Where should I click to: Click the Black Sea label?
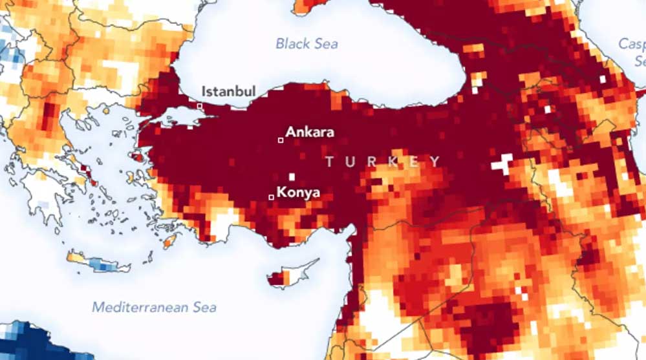(307, 44)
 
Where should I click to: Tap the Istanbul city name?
(228, 91)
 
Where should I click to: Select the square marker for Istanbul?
(200, 105)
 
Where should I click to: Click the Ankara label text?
(310, 132)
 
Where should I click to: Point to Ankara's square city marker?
(281, 140)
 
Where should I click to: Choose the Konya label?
(298, 192)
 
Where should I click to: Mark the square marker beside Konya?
(271, 197)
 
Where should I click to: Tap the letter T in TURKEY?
(330, 162)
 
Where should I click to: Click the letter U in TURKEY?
(351, 162)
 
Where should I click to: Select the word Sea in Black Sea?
(325, 44)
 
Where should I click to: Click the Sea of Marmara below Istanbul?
(184, 116)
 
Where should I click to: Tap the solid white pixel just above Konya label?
(292, 176)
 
